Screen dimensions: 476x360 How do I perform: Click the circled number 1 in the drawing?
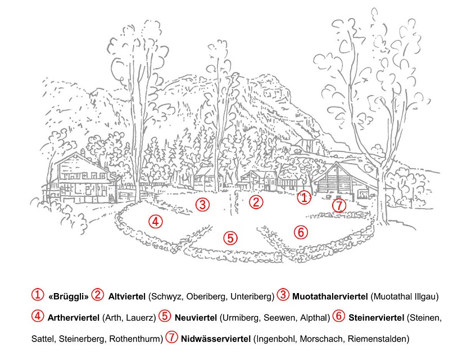tap(304, 198)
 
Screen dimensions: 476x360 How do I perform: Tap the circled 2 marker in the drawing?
tap(256, 202)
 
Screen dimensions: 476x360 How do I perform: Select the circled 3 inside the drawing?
tap(202, 204)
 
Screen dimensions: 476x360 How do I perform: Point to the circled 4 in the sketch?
tap(156, 222)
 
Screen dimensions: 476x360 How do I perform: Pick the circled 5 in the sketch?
tap(230, 238)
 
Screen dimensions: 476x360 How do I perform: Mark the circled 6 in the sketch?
tap(301, 232)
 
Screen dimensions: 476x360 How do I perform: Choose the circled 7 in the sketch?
tap(339, 205)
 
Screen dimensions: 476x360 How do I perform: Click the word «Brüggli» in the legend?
tap(69, 296)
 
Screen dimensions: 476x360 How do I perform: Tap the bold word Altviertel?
tap(127, 296)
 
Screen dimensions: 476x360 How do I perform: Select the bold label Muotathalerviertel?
tap(330, 296)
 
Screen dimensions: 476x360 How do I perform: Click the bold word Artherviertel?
tap(74, 318)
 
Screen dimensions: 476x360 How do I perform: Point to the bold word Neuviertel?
tap(196, 318)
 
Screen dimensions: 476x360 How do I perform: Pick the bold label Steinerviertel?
tap(377, 318)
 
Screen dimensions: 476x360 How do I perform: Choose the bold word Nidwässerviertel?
tap(216, 339)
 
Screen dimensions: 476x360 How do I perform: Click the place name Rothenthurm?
tap(135, 339)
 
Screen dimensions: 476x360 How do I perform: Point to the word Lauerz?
tap(139, 318)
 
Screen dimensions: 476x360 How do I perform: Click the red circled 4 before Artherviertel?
tap(38, 316)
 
